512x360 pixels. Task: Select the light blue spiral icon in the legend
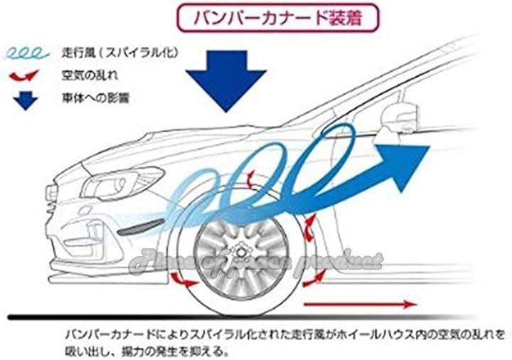26,53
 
